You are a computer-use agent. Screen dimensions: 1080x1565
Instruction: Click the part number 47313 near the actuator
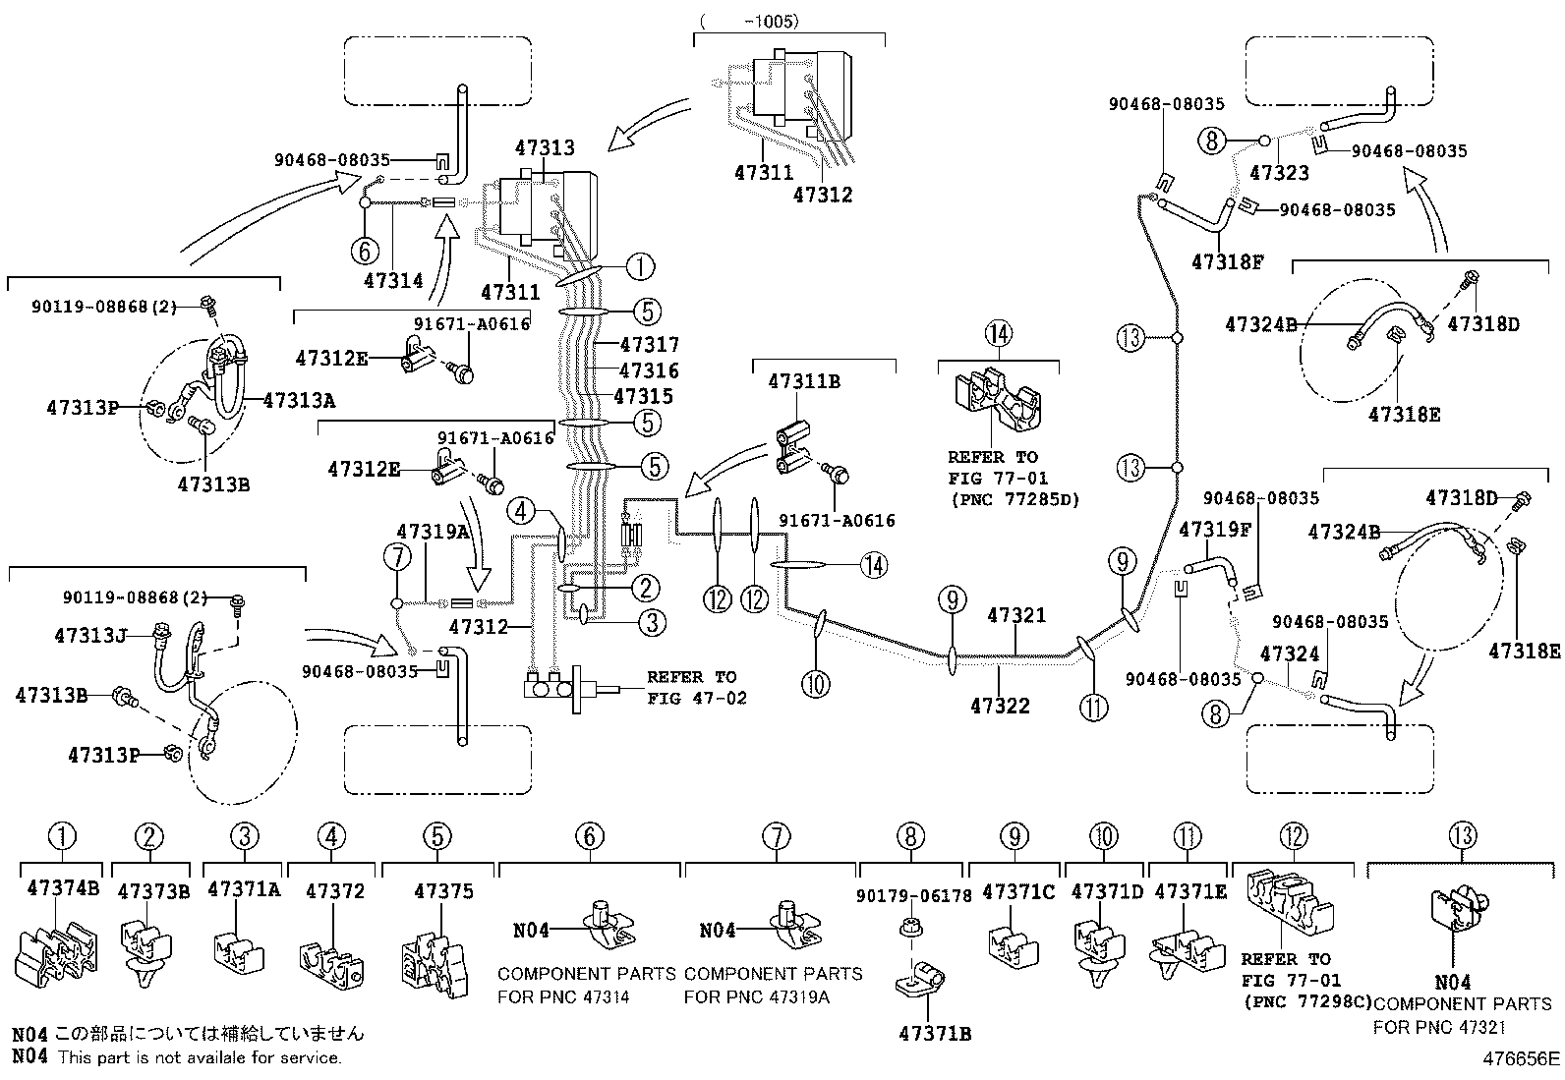[x=545, y=148]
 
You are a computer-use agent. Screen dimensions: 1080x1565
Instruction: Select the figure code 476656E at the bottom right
[x=1522, y=1059]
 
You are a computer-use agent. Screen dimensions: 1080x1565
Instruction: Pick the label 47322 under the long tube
[x=1000, y=705]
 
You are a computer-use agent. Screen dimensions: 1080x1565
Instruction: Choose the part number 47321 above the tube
[x=1016, y=616]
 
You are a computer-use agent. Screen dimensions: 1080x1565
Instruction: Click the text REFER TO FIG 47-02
[x=697, y=688]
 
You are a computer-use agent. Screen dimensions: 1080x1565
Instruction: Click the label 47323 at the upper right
[x=1279, y=173]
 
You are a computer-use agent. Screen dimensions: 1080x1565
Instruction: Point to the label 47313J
[x=90, y=636]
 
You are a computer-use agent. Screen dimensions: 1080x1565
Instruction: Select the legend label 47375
[x=443, y=891]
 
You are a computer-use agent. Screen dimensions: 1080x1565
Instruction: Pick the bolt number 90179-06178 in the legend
[x=913, y=895]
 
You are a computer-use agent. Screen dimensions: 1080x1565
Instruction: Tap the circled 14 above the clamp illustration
[x=998, y=334]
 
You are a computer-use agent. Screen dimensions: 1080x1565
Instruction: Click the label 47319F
[x=1215, y=530]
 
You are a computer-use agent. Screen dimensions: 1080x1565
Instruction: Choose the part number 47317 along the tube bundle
[x=650, y=345]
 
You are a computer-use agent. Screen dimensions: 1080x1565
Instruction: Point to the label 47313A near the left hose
[x=299, y=400]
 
